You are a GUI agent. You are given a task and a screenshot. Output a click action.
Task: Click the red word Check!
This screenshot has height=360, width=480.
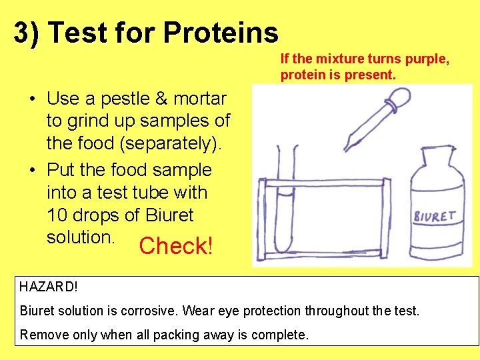click(176, 246)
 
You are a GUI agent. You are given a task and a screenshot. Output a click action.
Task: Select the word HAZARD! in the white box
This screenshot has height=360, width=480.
click(49, 287)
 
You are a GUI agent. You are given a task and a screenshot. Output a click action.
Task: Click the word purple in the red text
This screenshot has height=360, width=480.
click(427, 59)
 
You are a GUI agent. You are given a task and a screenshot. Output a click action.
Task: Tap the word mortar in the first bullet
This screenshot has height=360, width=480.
click(200, 99)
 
